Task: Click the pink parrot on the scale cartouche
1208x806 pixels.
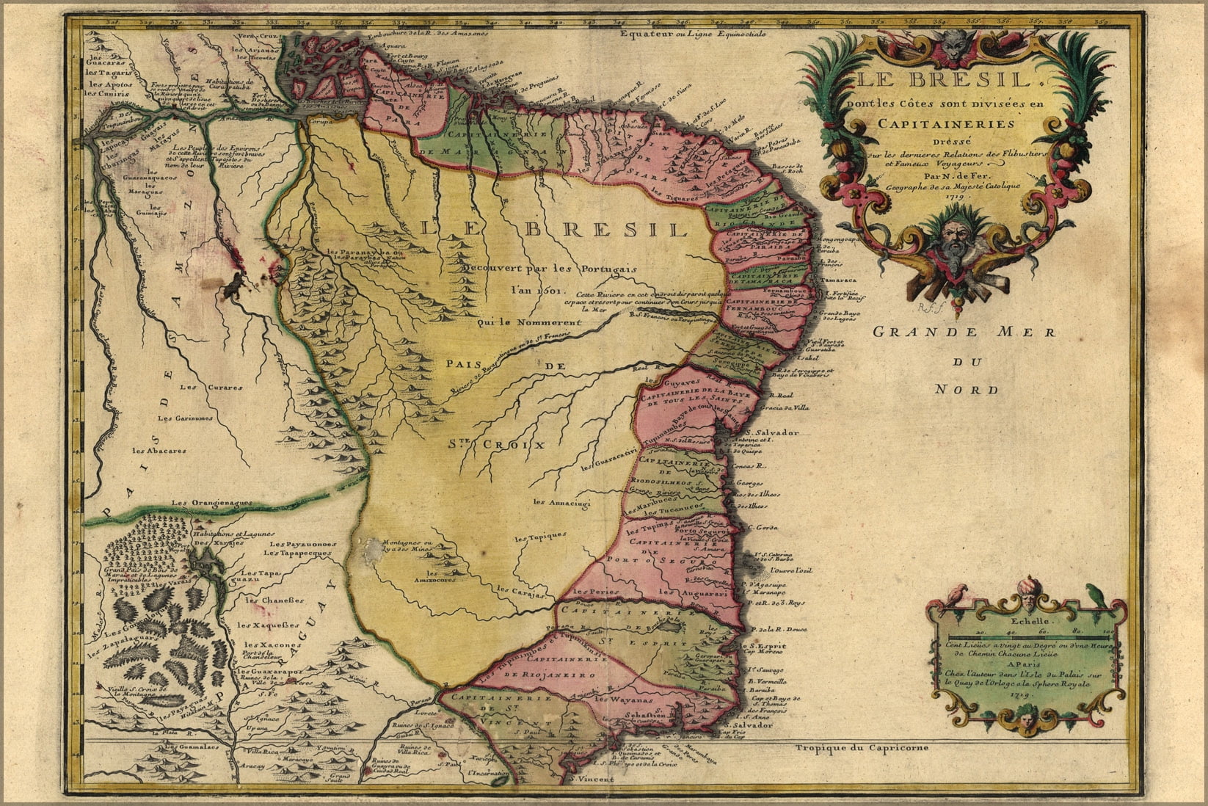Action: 956,594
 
